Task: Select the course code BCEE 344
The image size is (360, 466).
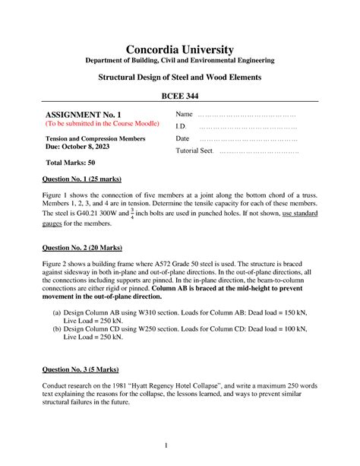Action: tap(179, 97)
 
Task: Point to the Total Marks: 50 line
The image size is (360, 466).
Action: tap(71, 163)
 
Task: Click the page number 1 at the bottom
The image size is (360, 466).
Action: tap(179, 445)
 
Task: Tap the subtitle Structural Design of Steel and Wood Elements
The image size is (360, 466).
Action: tap(179, 77)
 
